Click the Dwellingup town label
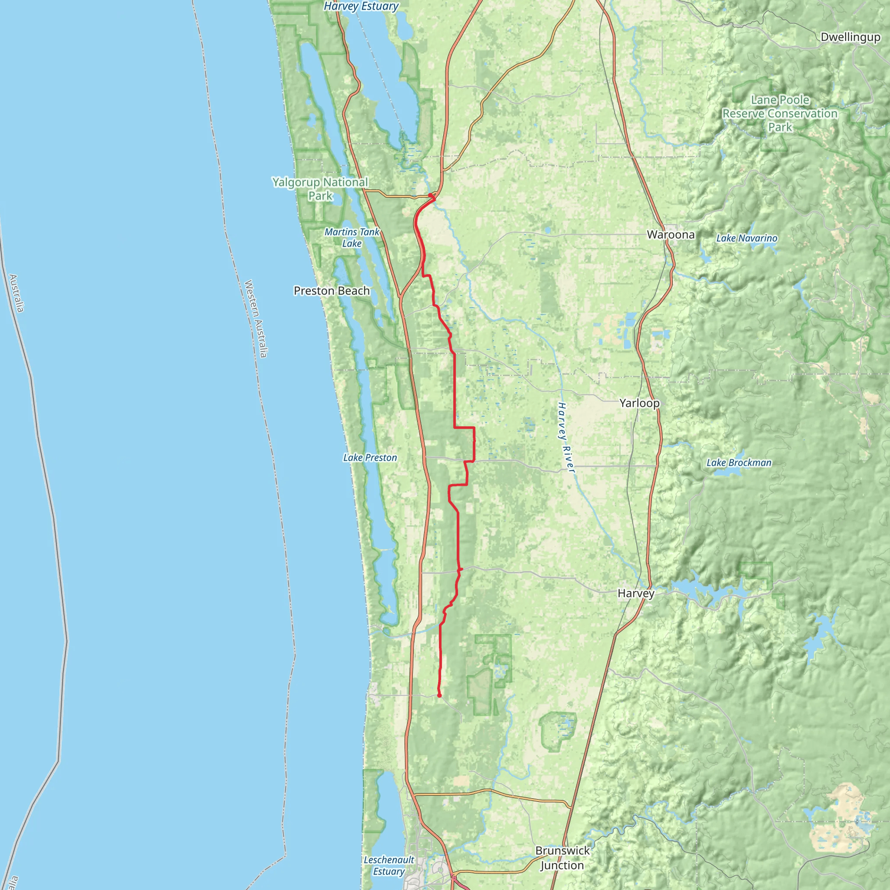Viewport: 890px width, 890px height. click(x=850, y=37)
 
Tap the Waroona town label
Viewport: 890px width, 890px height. click(x=670, y=235)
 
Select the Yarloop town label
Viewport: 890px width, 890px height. click(x=639, y=403)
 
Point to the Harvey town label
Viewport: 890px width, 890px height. click(x=636, y=593)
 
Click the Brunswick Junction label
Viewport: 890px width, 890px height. click(x=562, y=858)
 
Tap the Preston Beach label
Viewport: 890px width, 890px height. click(x=332, y=291)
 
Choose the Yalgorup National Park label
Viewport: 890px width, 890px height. click(x=320, y=189)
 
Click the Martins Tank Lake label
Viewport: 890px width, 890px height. click(x=352, y=238)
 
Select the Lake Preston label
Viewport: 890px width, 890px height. click(x=370, y=458)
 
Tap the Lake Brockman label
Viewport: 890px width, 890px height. click(x=739, y=462)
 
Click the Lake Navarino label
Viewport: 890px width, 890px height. click(x=746, y=238)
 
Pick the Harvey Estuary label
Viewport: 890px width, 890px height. click(x=361, y=7)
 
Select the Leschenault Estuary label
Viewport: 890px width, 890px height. click(x=389, y=866)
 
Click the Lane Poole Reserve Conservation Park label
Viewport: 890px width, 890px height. click(x=780, y=113)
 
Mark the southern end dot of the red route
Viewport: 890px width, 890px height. click(x=439, y=695)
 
